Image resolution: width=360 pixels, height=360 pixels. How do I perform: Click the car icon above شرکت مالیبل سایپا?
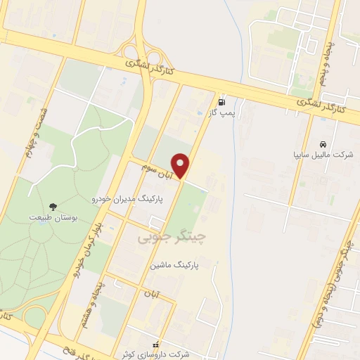tap(322, 142)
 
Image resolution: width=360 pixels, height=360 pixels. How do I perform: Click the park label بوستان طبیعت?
tap(51, 217)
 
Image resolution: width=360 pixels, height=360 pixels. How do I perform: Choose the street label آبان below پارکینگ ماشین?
tap(154, 290)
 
